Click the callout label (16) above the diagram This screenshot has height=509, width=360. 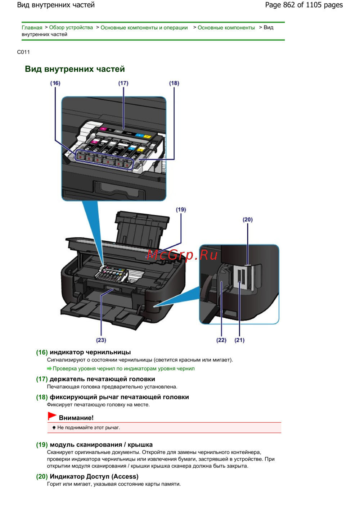click(55, 83)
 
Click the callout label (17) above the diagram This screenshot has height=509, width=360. click(123, 83)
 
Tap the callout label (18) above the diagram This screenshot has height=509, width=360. click(174, 83)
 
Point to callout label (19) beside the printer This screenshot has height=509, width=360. click(181, 210)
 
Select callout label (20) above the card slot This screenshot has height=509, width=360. click(248, 220)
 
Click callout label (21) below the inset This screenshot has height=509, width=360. click(239, 340)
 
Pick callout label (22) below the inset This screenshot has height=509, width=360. click(221, 340)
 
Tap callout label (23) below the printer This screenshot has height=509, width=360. click(101, 340)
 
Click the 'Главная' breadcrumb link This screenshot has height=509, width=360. click(32, 28)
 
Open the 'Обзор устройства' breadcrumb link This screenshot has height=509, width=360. click(71, 28)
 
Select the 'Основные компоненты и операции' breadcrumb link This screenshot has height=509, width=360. click(144, 28)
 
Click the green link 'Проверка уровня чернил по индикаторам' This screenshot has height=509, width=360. click(123, 368)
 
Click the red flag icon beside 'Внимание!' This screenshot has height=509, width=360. click(52, 416)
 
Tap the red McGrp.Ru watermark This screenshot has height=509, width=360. click(182, 255)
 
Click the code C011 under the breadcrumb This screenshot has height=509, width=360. click(23, 52)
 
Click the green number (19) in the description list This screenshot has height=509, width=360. click(42, 445)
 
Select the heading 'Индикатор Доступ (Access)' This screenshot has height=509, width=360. click(94, 476)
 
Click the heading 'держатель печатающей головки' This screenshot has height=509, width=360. click(102, 379)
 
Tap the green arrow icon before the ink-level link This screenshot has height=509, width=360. click(49, 368)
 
